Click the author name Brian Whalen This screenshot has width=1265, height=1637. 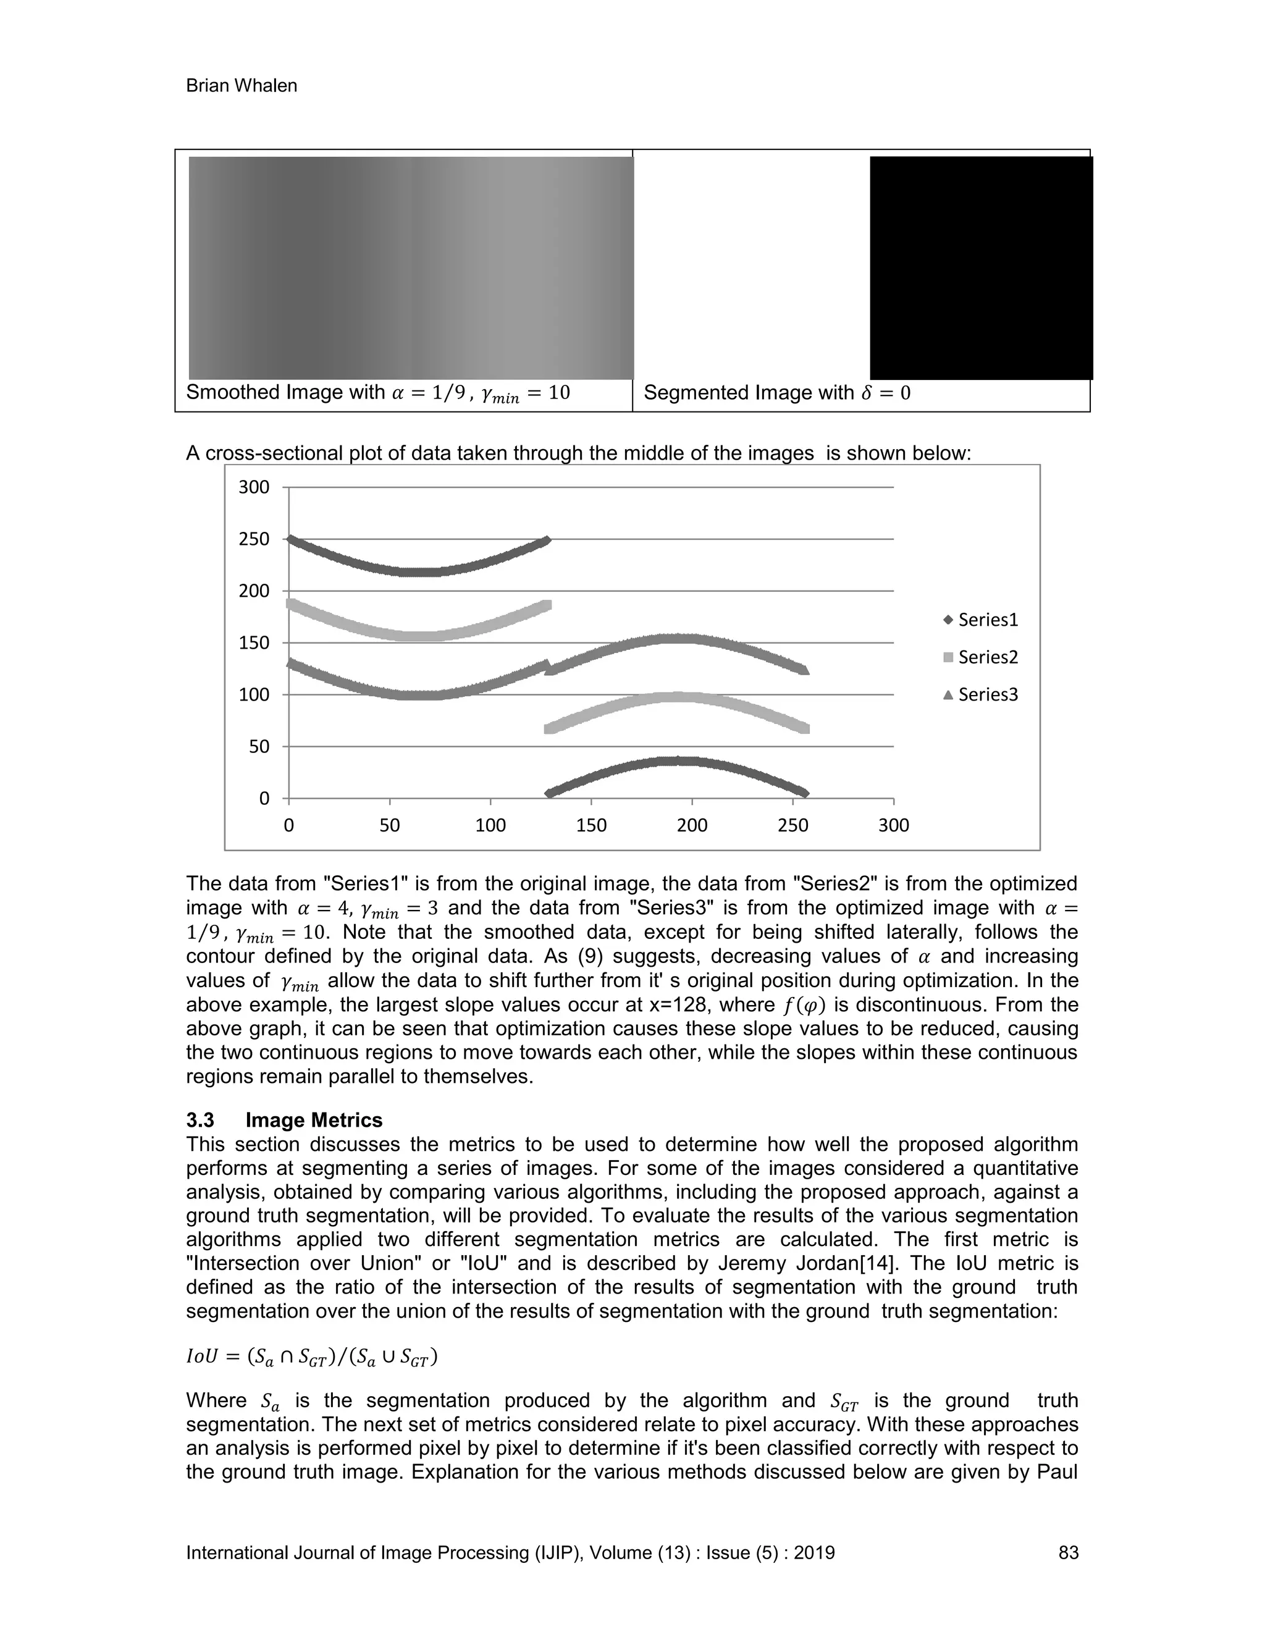(x=242, y=86)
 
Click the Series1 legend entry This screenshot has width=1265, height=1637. (x=987, y=620)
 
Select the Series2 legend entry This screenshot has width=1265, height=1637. (x=987, y=657)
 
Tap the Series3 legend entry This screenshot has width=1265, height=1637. (x=987, y=695)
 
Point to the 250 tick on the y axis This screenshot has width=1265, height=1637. (x=253, y=539)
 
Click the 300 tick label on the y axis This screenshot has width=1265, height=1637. (x=253, y=487)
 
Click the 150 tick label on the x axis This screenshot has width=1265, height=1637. (x=591, y=826)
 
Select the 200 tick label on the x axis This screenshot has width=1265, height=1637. (x=692, y=826)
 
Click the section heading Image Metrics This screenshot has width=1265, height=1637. (x=314, y=1121)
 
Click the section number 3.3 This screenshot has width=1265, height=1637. (x=200, y=1121)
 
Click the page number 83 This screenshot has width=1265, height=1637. (x=1068, y=1553)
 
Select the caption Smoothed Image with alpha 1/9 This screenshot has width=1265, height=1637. (x=377, y=393)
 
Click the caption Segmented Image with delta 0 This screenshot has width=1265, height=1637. (x=776, y=393)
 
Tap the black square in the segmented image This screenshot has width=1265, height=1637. (x=980, y=267)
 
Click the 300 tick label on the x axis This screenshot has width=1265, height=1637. (x=893, y=826)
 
